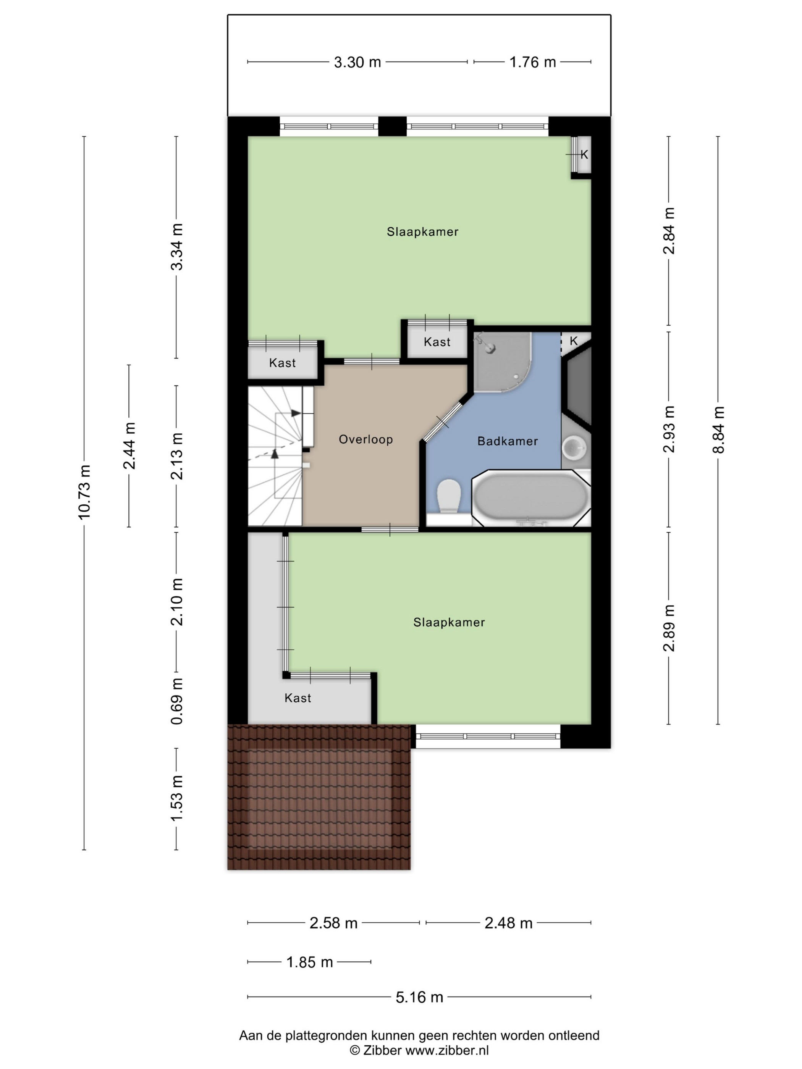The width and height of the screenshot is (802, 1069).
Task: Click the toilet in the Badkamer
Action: [x=448, y=496]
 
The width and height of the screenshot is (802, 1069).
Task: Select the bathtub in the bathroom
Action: [x=530, y=498]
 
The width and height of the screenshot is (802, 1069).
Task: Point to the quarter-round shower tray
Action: [x=502, y=362]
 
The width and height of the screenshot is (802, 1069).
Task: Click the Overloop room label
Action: [x=365, y=439]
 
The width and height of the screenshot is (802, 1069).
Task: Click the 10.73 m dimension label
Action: [x=84, y=492]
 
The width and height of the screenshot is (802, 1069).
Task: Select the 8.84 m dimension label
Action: [x=718, y=430]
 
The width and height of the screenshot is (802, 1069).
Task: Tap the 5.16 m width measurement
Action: [x=419, y=996]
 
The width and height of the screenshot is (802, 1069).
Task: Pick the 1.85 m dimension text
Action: [x=309, y=962]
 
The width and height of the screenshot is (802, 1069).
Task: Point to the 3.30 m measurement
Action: [x=357, y=62]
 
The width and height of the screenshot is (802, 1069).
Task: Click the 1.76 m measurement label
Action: [x=532, y=62]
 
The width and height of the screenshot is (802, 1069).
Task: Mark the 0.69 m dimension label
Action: [x=176, y=700]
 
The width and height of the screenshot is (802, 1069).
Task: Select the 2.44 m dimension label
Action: [x=129, y=445]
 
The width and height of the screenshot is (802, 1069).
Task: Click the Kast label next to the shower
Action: [x=437, y=342]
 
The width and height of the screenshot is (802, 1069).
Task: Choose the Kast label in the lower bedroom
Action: [x=298, y=698]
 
